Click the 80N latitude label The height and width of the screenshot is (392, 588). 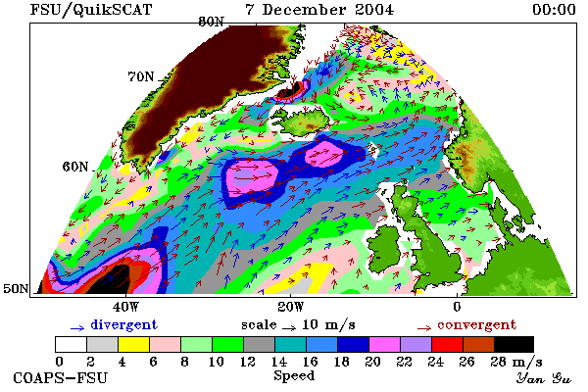(211, 22)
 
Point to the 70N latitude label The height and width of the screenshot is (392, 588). (141, 76)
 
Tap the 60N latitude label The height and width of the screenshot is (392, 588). (75, 167)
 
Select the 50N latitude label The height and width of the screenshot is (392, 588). (16, 288)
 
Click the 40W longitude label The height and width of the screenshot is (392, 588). (125, 307)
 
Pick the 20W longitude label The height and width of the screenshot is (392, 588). (291, 307)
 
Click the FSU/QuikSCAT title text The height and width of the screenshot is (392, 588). (91, 10)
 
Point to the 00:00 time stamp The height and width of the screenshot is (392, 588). (555, 10)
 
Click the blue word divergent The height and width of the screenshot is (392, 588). (124, 324)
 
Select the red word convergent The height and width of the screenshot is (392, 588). (477, 324)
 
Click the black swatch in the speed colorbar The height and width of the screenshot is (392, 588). (514, 344)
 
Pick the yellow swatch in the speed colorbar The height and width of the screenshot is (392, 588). (134, 344)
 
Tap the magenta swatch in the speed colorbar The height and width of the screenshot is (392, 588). (385, 344)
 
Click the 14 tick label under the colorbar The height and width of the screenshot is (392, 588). (278, 362)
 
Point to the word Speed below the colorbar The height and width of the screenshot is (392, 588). (294, 376)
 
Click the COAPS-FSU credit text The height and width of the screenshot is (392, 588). (61, 377)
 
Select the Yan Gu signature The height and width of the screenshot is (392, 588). (544, 378)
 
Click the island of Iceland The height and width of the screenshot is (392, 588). (305, 122)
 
